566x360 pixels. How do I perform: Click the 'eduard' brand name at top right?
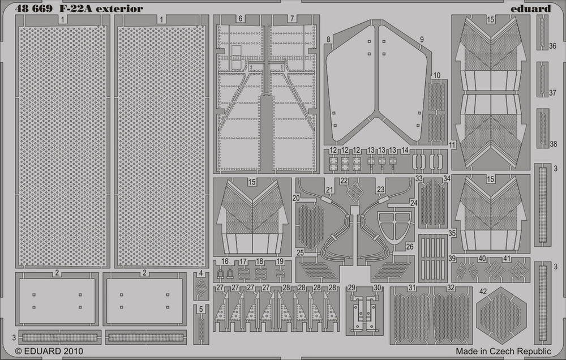[530, 8]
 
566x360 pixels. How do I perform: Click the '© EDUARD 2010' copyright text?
[49, 351]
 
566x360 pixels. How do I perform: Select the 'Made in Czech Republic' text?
[503, 351]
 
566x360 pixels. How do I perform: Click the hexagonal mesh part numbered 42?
[501, 312]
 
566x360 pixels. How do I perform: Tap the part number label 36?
[552, 46]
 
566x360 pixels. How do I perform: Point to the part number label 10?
[437, 75]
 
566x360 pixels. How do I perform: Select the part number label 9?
[422, 40]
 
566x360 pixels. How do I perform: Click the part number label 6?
[241, 19]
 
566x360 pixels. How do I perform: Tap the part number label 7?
[292, 19]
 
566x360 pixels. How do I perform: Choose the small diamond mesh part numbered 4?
[201, 288]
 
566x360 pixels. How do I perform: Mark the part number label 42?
[483, 292]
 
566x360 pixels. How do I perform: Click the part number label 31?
[412, 288]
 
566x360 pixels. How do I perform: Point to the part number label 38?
[554, 144]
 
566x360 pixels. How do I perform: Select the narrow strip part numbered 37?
[542, 79]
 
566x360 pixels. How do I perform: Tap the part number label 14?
[405, 150]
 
